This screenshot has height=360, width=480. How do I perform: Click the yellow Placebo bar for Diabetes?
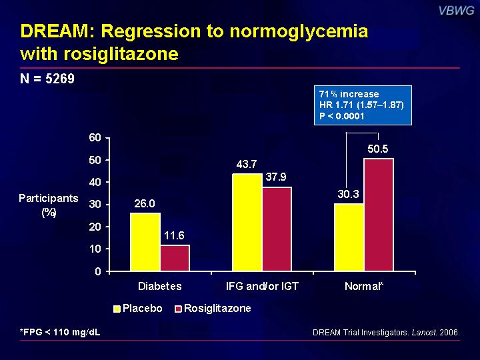(x=145, y=242)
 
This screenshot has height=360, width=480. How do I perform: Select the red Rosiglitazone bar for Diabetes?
(x=175, y=258)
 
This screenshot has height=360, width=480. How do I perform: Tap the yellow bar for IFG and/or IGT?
(x=247, y=222)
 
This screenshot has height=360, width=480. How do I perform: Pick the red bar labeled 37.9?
(x=277, y=229)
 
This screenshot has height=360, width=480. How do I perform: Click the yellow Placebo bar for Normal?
(x=349, y=237)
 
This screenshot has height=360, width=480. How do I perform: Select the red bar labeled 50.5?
(x=379, y=215)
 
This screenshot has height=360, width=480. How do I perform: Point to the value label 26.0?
(x=145, y=203)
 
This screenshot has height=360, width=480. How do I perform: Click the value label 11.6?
(x=174, y=235)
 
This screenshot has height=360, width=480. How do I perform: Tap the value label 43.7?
(x=247, y=165)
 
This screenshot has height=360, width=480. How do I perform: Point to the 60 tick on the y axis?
(x=95, y=137)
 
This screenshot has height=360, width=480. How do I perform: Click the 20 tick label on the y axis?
(x=95, y=227)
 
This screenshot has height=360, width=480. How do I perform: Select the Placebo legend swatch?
(x=117, y=309)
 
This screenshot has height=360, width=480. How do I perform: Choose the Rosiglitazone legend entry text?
(x=217, y=308)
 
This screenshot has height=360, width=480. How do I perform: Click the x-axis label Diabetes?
(x=160, y=286)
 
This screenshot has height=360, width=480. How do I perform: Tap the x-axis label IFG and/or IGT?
(x=262, y=286)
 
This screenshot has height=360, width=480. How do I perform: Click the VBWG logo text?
(x=457, y=11)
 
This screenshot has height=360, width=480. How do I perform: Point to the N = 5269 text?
(x=47, y=79)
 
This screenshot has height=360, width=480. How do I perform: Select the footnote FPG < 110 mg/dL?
(x=60, y=332)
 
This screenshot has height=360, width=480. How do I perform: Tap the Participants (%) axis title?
(x=49, y=205)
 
